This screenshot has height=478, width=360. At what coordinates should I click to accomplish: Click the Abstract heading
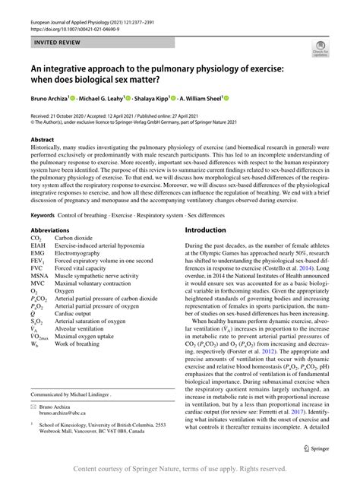tap(42, 140)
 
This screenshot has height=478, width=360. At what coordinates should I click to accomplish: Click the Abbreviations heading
tap(56, 230)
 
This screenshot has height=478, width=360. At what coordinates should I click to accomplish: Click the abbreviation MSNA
tap(39, 276)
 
